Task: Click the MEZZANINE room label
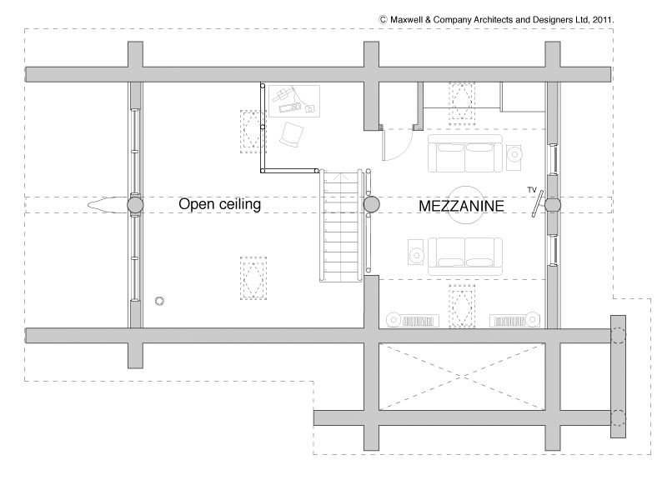point(462,206)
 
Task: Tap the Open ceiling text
point(219,204)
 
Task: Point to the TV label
point(532,190)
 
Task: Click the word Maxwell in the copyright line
point(407,19)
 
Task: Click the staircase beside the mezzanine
point(341,225)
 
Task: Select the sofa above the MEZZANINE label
point(465,153)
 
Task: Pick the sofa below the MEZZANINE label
point(465,257)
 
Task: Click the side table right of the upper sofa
point(514,154)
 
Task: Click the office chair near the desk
point(291,135)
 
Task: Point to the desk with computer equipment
point(294,101)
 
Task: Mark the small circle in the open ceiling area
point(159,301)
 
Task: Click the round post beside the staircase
point(371,205)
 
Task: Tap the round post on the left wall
point(135,205)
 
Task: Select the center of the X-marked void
point(462,377)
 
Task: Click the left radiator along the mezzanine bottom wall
point(412,321)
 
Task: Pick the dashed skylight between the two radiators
point(462,306)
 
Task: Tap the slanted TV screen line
point(538,203)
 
